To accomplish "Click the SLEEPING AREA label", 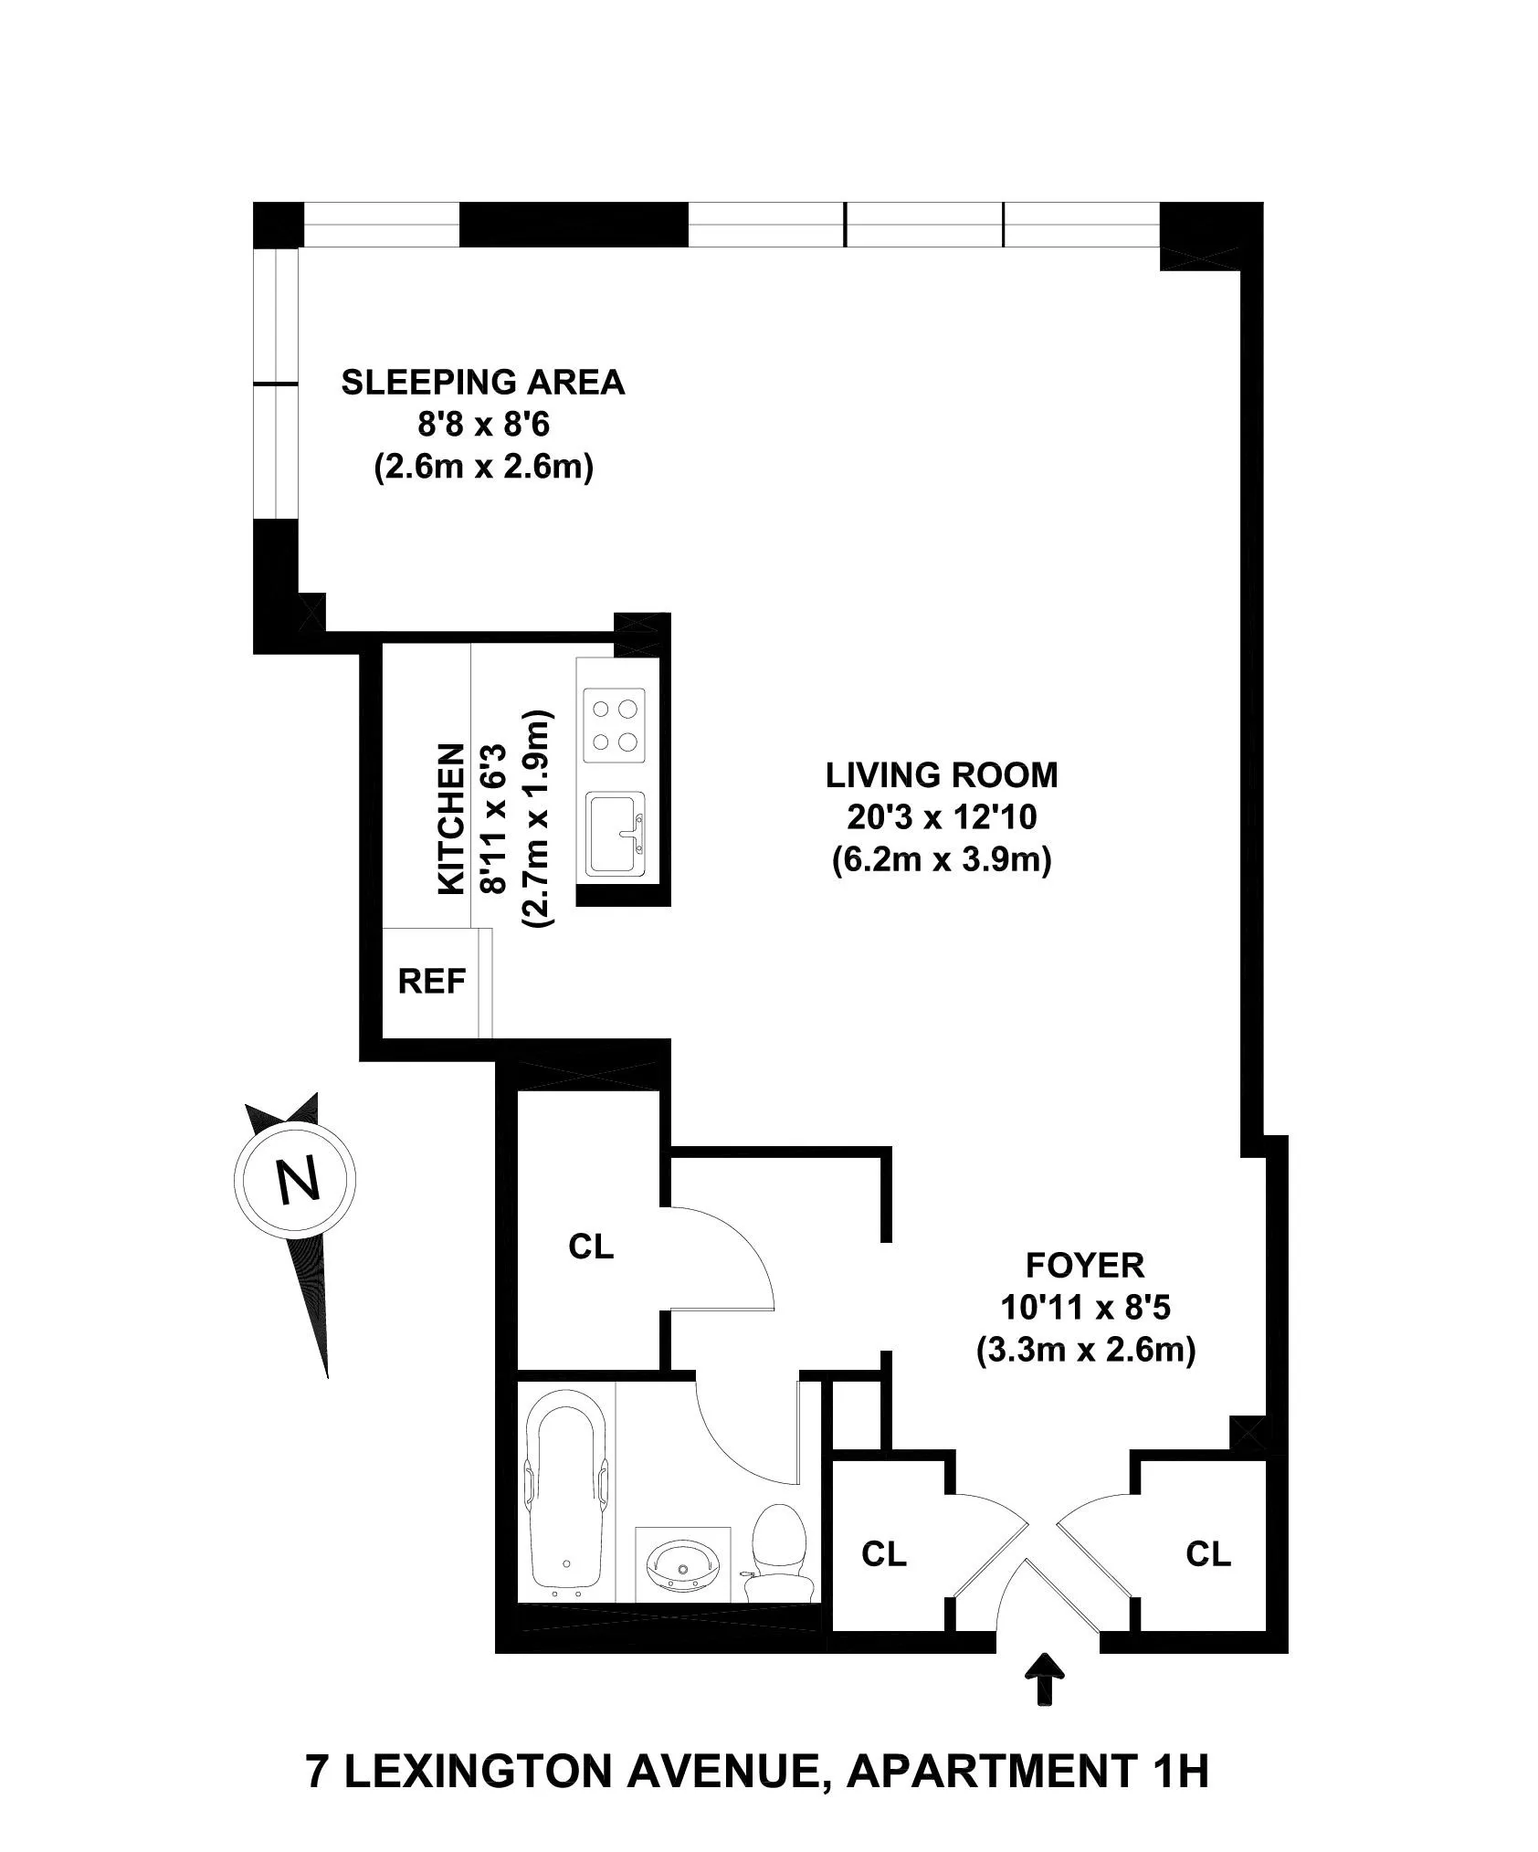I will (x=482, y=383).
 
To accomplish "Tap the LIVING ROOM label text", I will (x=942, y=775).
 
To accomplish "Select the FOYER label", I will (x=1085, y=1266).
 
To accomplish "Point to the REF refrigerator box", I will (x=431, y=982).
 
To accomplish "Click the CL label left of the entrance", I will (x=883, y=1554).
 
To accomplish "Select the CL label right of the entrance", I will (x=1208, y=1553).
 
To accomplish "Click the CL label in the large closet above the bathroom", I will (x=591, y=1247).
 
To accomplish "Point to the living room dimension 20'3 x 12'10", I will (x=942, y=817).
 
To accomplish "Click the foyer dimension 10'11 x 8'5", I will (x=1085, y=1308).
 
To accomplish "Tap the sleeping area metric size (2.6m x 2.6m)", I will (x=483, y=468).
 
